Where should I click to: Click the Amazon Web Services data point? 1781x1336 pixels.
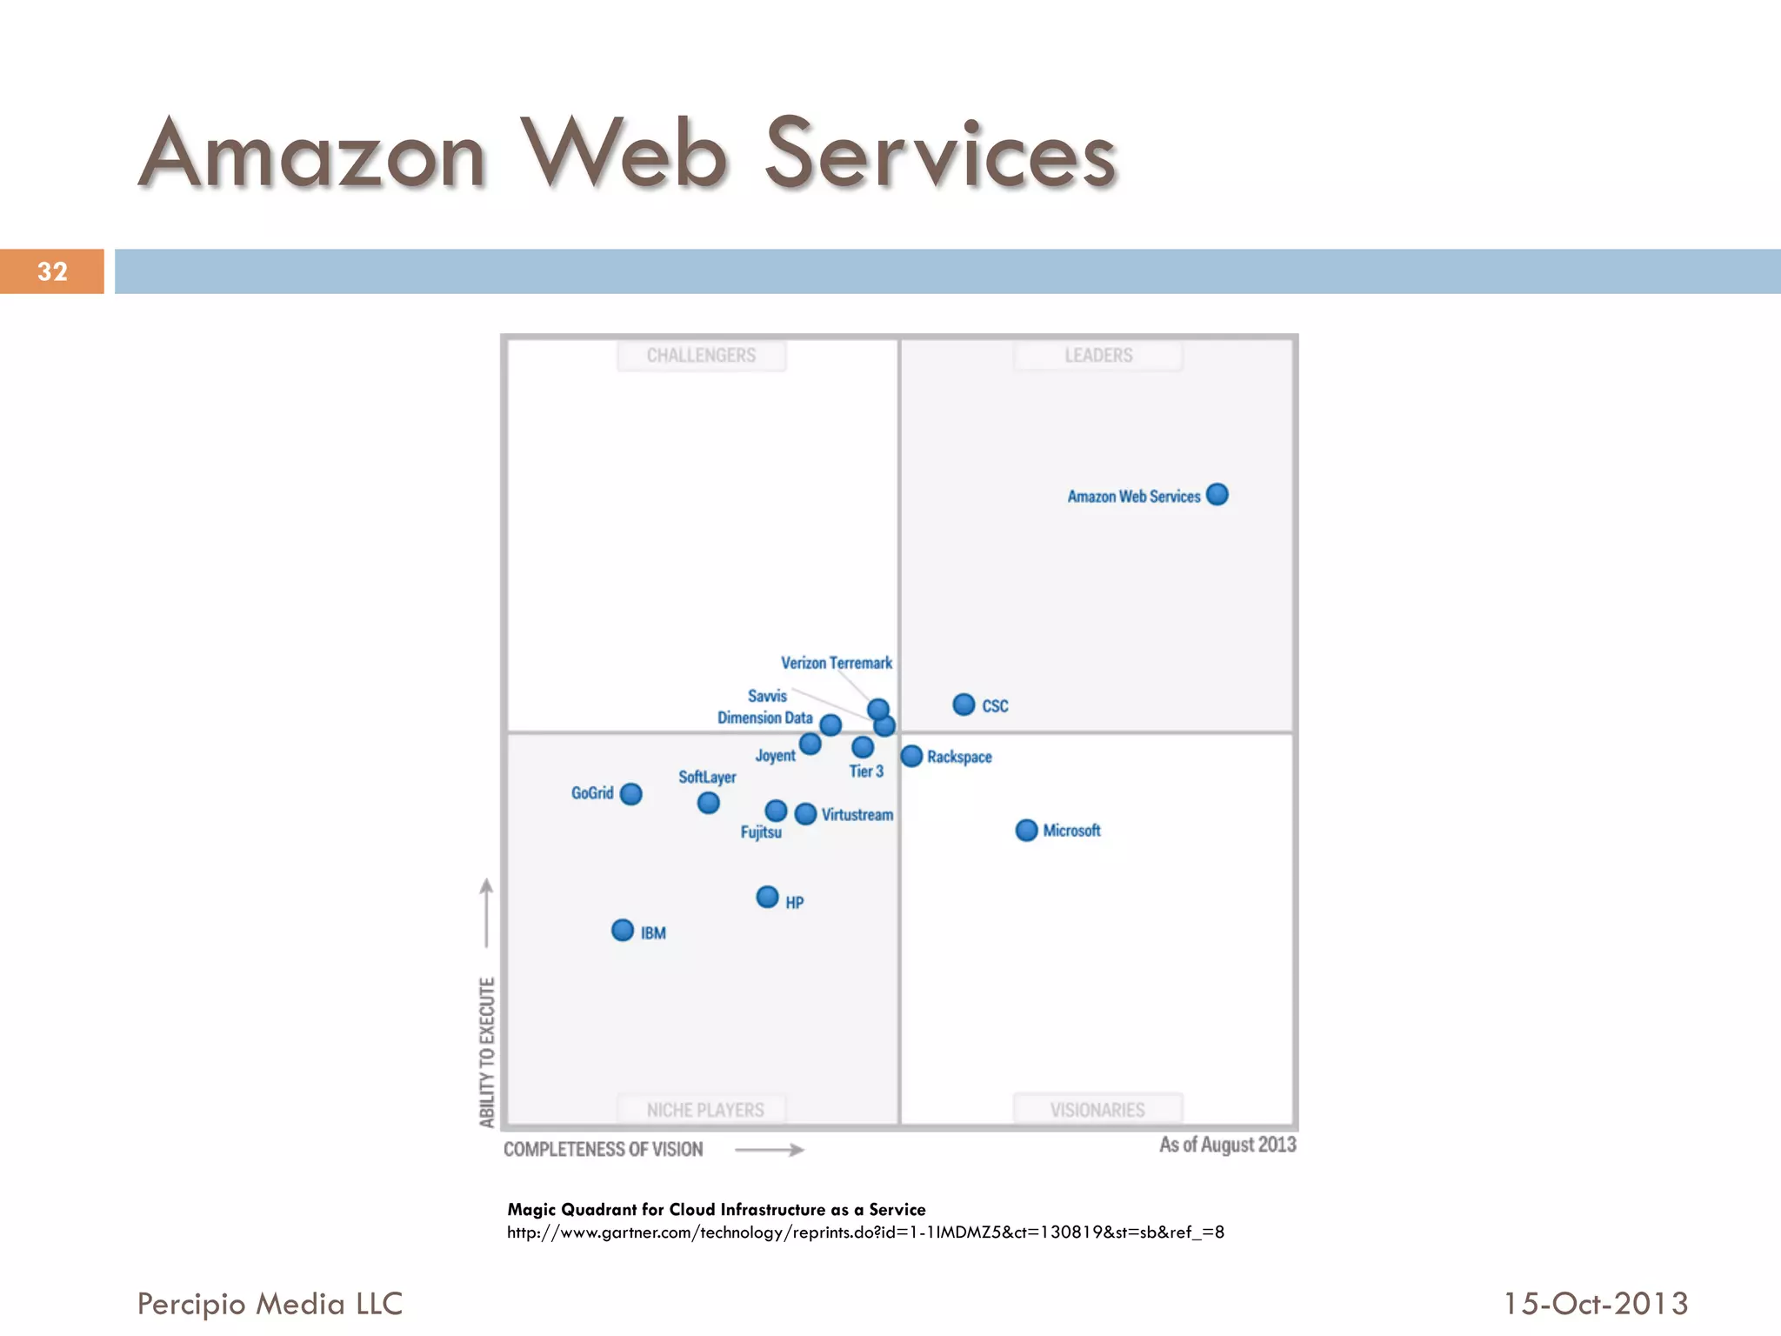click(1217, 494)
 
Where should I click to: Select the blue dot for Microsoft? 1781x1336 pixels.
click(1026, 830)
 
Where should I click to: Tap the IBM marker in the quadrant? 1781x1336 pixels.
click(623, 931)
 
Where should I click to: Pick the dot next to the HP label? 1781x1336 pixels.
click(767, 897)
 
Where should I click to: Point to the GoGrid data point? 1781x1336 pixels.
click(631, 793)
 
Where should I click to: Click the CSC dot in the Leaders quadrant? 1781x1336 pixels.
click(964, 705)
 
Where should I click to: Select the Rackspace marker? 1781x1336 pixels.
click(911, 756)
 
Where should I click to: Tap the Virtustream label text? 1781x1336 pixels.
click(857, 815)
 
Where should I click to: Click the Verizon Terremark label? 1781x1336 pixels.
click(836, 663)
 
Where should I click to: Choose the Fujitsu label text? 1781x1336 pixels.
click(761, 832)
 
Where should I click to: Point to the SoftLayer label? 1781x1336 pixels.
click(707, 777)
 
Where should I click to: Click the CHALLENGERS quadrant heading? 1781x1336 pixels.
click(701, 356)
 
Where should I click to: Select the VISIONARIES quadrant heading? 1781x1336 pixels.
click(1097, 1110)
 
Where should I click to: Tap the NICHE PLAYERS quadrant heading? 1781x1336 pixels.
click(704, 1110)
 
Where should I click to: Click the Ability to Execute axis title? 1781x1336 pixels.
click(487, 1052)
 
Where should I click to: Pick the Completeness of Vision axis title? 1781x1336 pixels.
click(604, 1149)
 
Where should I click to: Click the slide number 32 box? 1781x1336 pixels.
click(52, 271)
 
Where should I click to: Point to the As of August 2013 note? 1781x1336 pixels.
click(1227, 1145)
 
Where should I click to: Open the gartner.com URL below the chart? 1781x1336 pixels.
click(865, 1232)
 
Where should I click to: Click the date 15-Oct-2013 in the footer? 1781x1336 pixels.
click(1596, 1304)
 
